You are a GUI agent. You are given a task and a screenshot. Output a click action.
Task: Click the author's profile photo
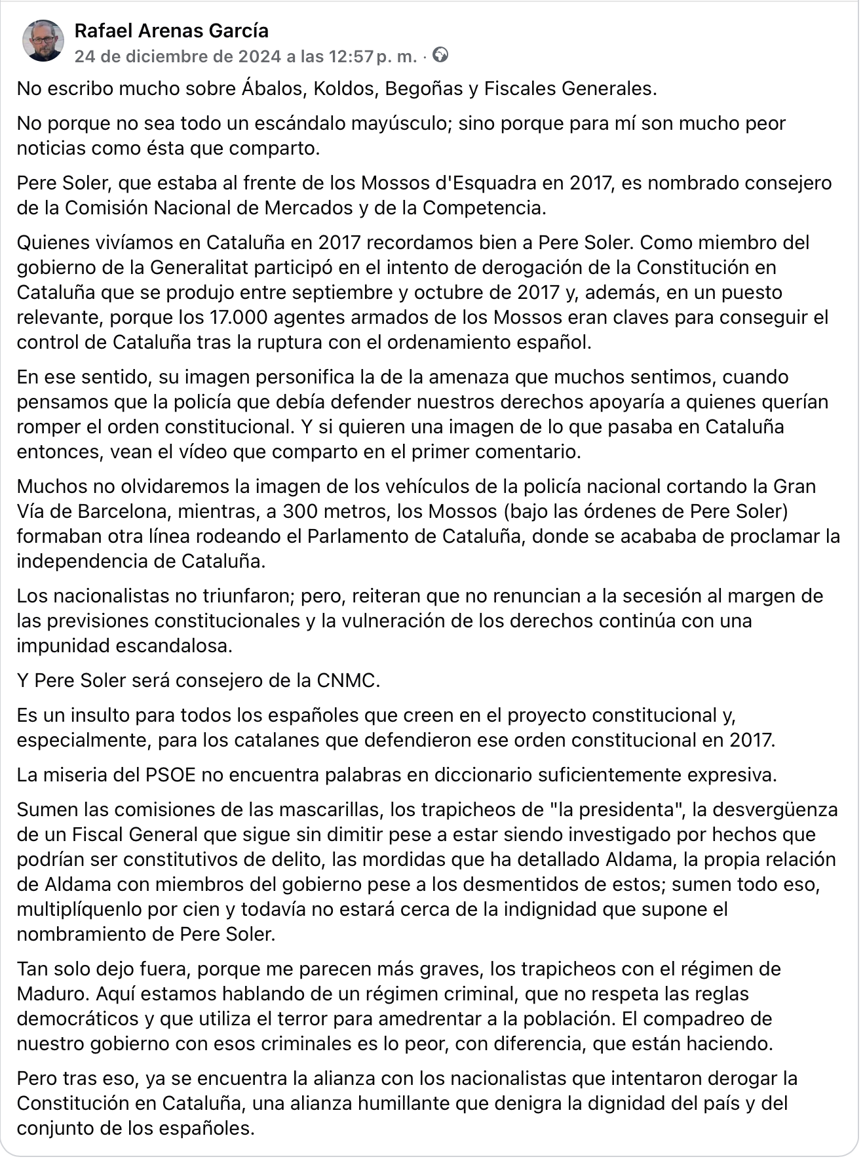[43, 41]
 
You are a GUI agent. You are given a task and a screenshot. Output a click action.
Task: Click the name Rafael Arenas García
[172, 31]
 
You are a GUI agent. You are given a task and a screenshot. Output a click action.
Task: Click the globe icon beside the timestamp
[441, 55]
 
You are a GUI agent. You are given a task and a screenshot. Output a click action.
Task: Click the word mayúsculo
[395, 123]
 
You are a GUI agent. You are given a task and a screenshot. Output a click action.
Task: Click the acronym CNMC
[347, 680]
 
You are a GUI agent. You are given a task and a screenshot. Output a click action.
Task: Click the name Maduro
[51, 994]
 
